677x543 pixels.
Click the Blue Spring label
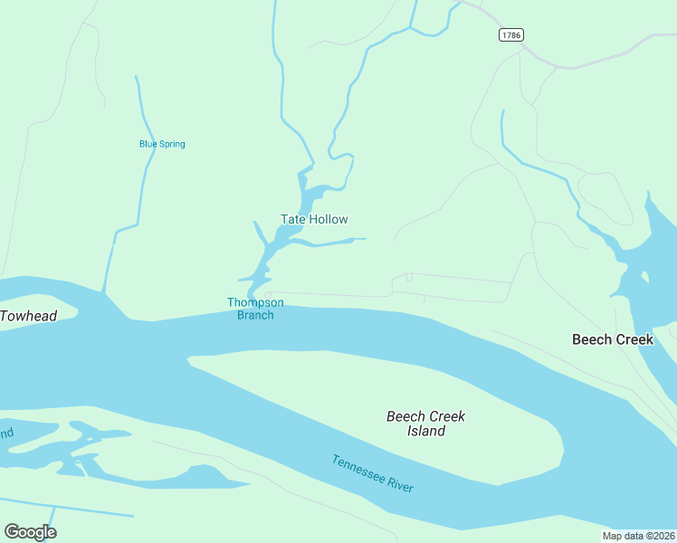point(162,144)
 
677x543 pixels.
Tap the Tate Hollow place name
point(314,219)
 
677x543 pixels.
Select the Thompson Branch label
point(255,309)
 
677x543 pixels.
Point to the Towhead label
point(28,316)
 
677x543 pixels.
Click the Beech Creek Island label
point(425,424)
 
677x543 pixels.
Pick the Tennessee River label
point(372,473)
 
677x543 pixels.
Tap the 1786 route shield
point(510,34)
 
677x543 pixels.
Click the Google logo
point(30,532)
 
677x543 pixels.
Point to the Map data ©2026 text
point(638,536)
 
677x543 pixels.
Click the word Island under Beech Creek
point(425,432)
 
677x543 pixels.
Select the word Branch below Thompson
point(255,315)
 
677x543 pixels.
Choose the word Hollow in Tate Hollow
point(328,219)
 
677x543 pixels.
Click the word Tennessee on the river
point(358,468)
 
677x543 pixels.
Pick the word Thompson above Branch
point(255,302)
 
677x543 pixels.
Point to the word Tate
point(292,219)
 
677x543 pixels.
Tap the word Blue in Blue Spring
point(148,144)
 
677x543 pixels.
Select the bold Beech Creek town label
point(612,339)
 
